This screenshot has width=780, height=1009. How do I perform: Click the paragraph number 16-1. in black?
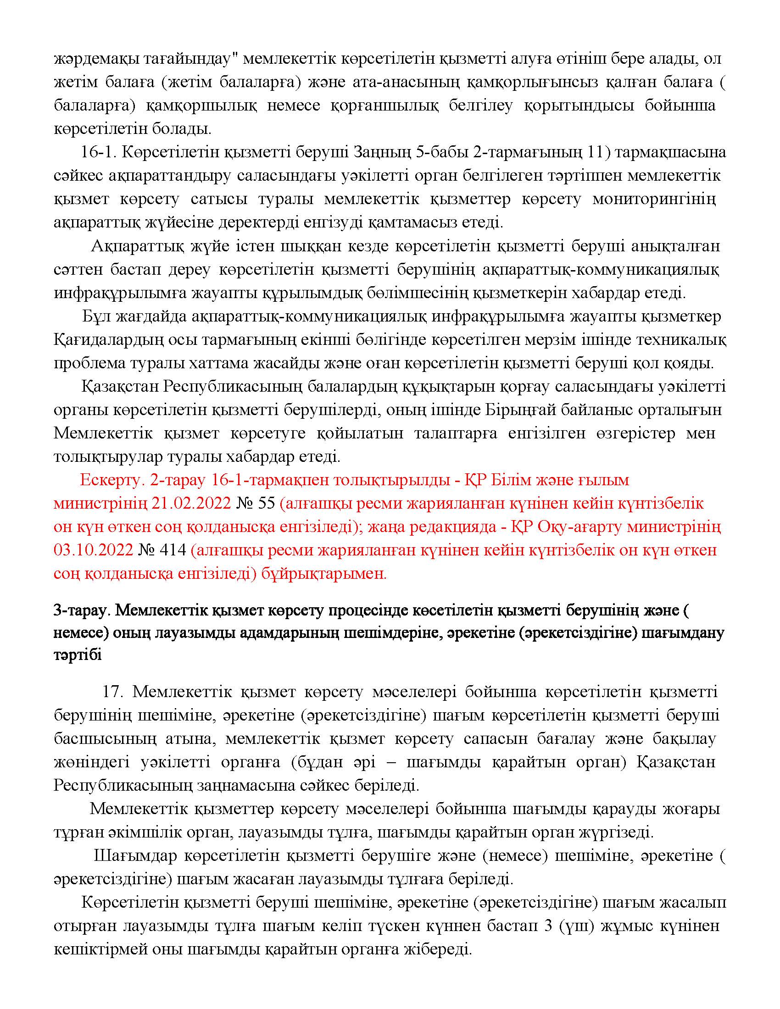click(x=97, y=152)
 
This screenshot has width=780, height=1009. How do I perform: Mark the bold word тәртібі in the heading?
click(x=77, y=655)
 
